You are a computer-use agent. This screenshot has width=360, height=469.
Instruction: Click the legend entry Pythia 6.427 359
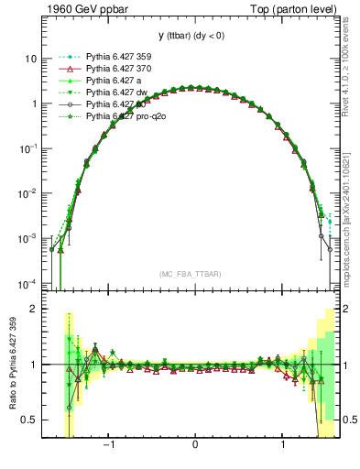pyautogui.click(x=116, y=57)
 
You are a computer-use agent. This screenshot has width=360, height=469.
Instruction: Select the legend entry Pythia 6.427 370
pyautogui.click(x=116, y=69)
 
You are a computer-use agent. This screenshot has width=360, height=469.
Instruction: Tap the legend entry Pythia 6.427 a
pyautogui.click(x=112, y=81)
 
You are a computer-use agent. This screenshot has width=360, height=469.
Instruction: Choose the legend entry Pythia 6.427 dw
pyautogui.click(x=114, y=93)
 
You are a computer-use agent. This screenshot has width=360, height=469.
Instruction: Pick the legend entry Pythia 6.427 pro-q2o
pyautogui.click(x=123, y=116)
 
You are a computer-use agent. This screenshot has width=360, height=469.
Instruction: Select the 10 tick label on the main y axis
pyautogui.click(x=30, y=59)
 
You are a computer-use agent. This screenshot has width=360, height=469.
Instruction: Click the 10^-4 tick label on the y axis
pyautogui.click(x=27, y=283)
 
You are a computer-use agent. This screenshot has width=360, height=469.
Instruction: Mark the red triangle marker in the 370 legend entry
pyautogui.click(x=65, y=69)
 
